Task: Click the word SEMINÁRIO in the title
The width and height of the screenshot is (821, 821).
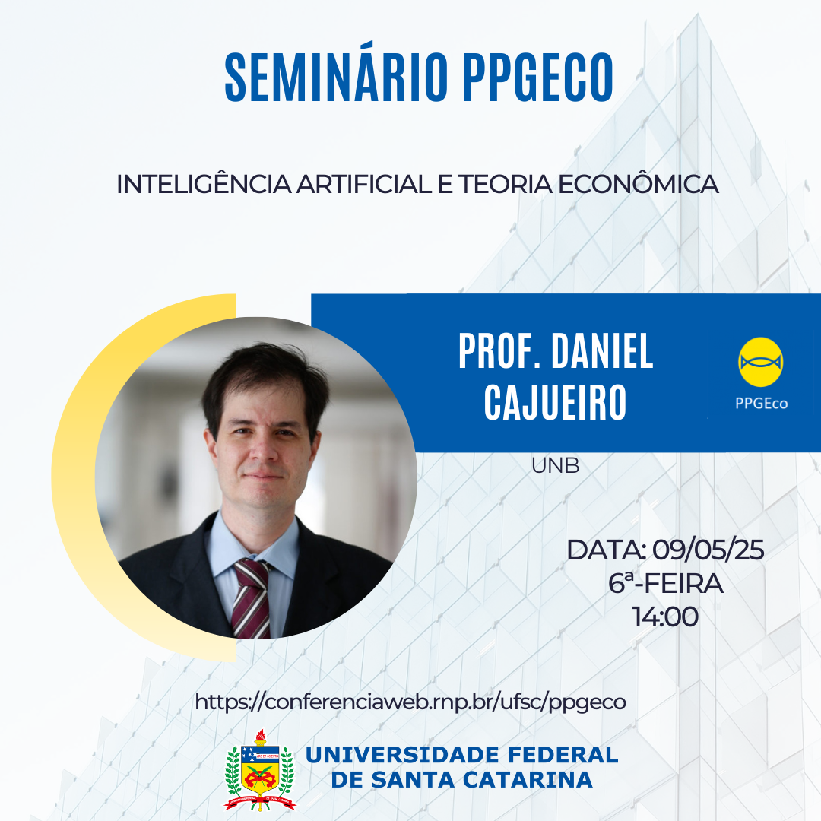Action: coord(337,77)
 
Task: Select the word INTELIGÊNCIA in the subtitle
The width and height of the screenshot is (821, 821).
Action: coord(204,184)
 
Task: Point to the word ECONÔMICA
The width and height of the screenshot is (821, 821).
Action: coord(638,184)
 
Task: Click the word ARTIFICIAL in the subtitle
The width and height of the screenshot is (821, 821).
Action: coord(364,184)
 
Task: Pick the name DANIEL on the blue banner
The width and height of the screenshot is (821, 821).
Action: coord(602,351)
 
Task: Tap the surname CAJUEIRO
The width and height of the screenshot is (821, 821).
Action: coord(555,401)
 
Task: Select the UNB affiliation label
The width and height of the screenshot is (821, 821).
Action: coord(555,465)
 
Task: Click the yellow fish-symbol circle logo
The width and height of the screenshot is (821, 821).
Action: coord(760,363)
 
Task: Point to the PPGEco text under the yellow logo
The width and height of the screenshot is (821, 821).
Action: coord(761,403)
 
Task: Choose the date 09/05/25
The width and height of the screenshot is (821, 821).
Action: coord(708,550)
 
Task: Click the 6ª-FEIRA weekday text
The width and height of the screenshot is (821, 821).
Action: coord(665,583)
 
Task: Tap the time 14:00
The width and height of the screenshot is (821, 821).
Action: coord(665,617)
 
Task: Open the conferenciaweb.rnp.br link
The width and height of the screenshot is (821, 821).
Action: coord(410,702)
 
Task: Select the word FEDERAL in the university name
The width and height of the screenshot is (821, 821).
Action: coord(563,755)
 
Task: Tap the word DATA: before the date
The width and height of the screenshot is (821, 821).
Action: coord(607,550)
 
